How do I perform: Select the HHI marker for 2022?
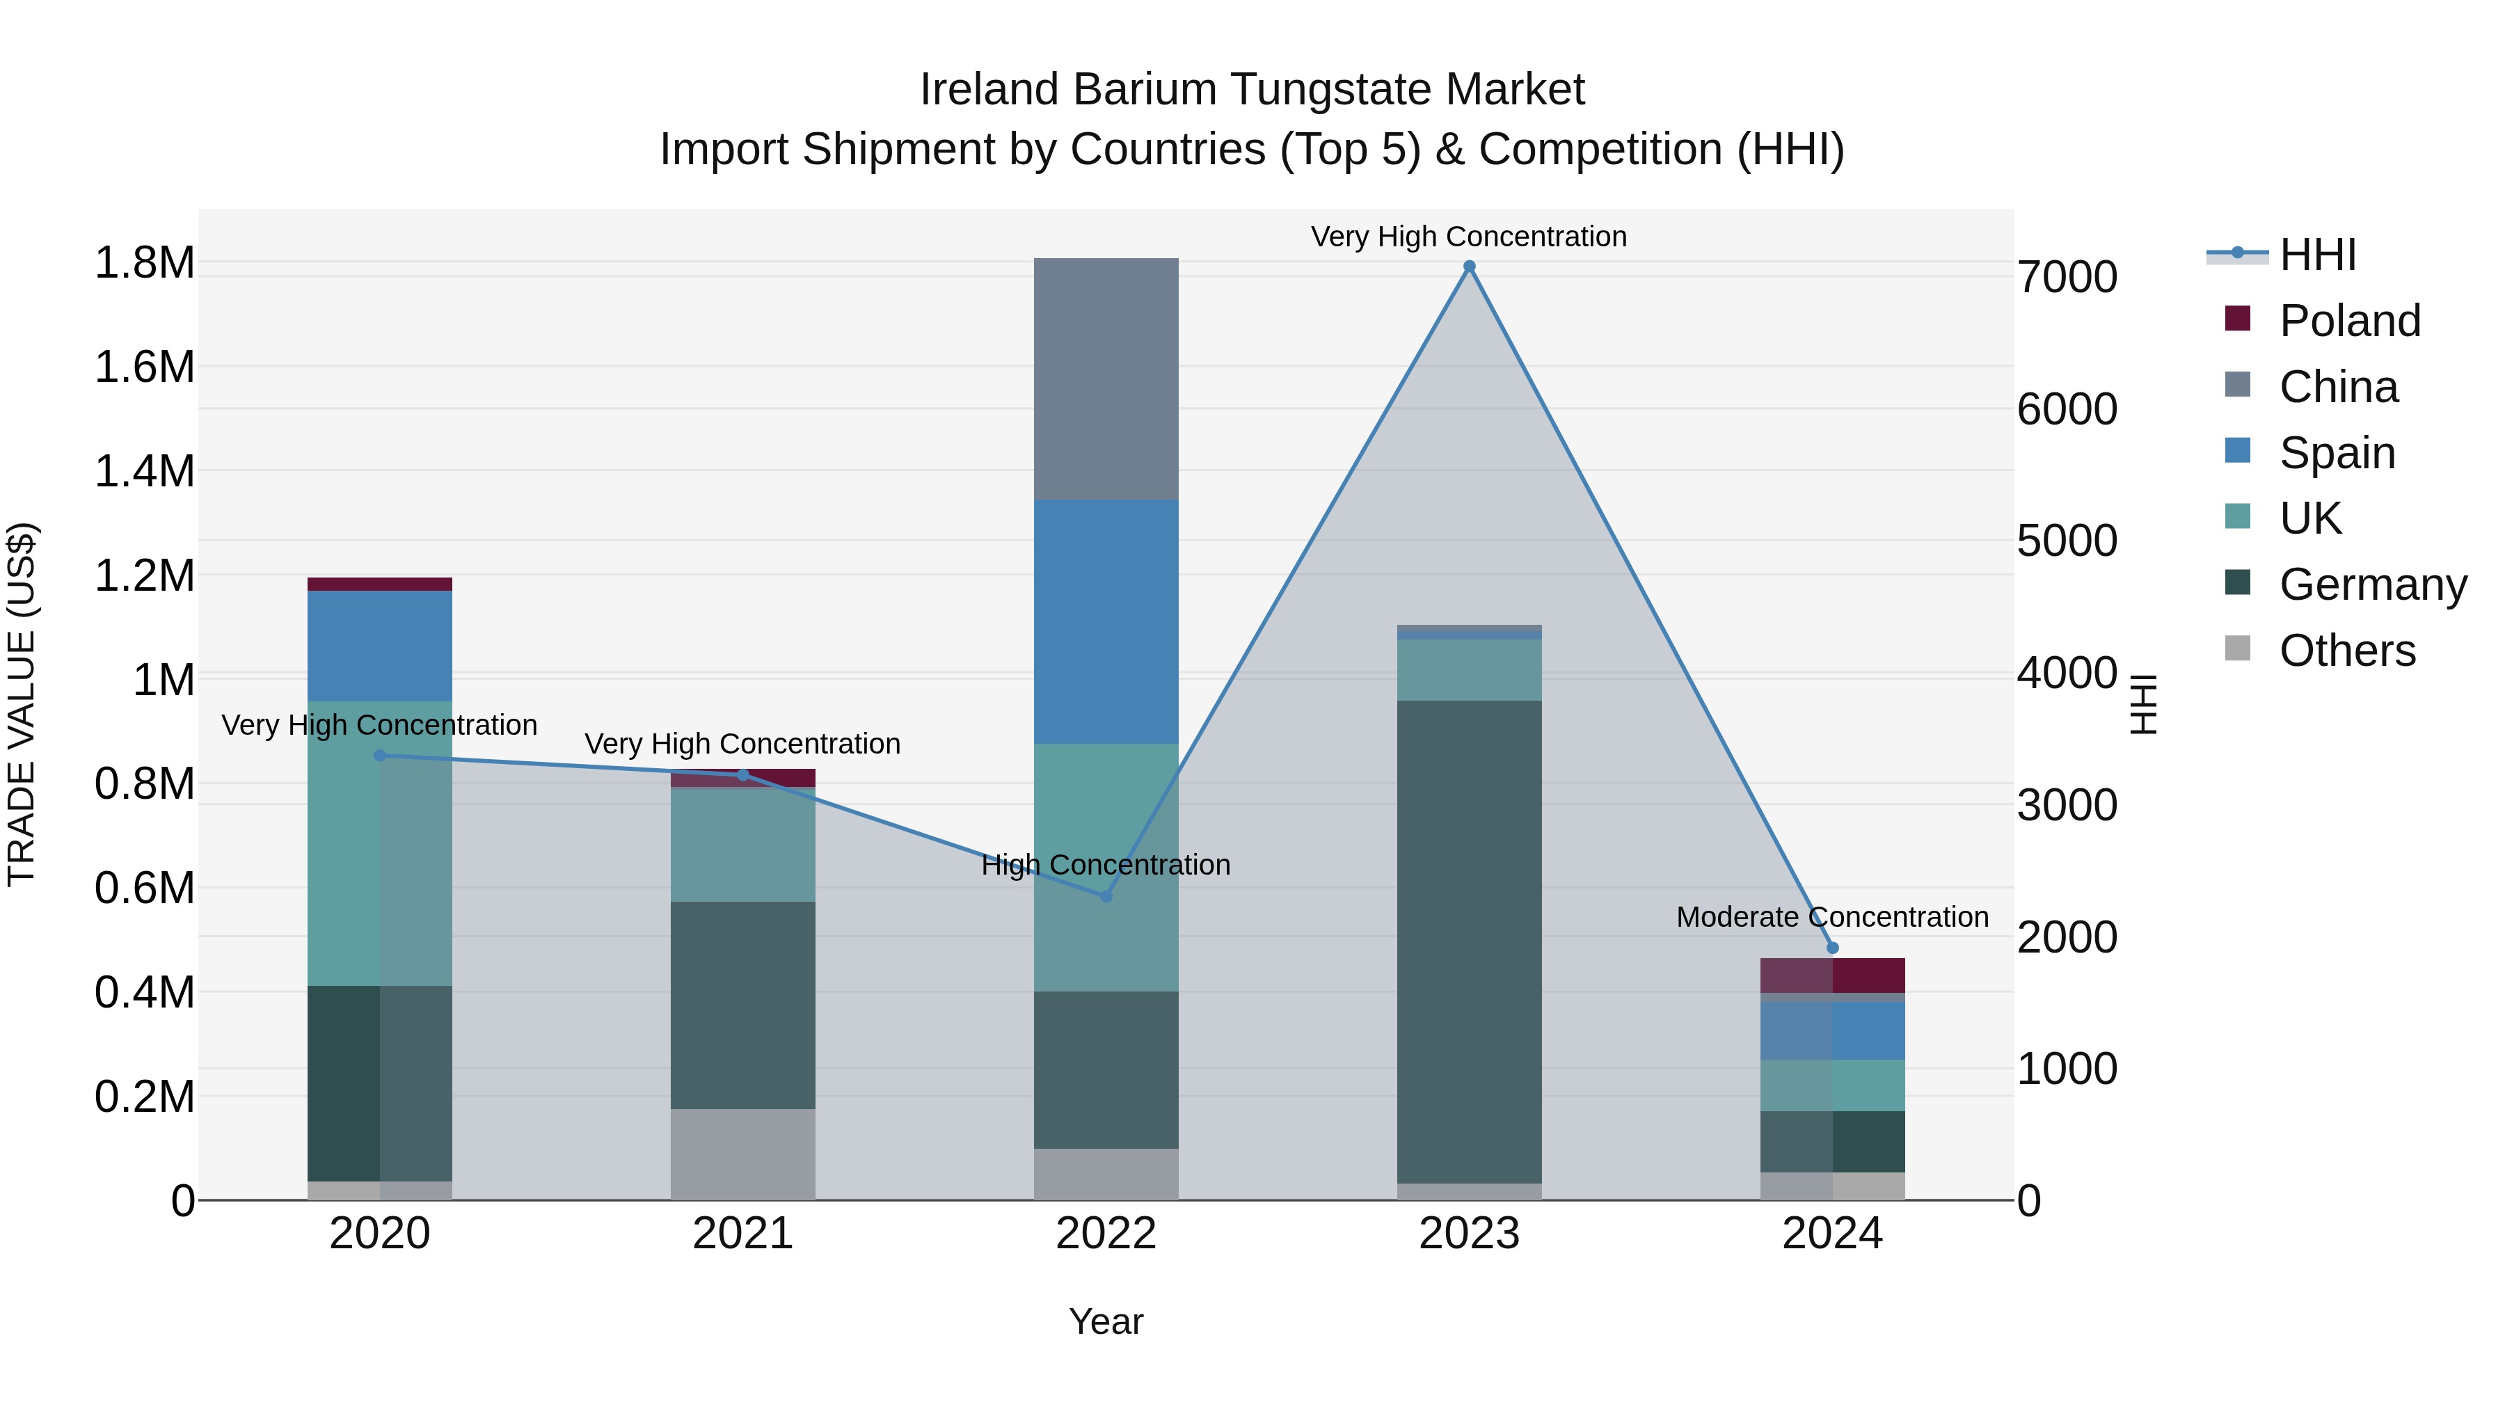click(x=1106, y=895)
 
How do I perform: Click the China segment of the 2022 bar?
click(x=1106, y=379)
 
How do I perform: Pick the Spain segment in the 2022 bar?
click(x=1106, y=622)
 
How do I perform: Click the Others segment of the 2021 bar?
click(x=743, y=1154)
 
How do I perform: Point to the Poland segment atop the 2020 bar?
click(x=379, y=584)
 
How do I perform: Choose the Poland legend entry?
click(x=2349, y=321)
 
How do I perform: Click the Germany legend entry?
click(x=2373, y=584)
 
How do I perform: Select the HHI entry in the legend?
click(x=2317, y=255)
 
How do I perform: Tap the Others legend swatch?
click(x=2238, y=648)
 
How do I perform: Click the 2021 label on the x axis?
click(x=743, y=1234)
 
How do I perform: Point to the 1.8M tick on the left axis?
click(x=145, y=262)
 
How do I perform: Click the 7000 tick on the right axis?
click(x=2067, y=277)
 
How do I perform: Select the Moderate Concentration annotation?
click(x=1832, y=917)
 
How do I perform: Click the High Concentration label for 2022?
click(x=1106, y=864)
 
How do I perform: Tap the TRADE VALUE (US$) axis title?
click(x=22, y=704)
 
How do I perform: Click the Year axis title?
click(x=1106, y=1321)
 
